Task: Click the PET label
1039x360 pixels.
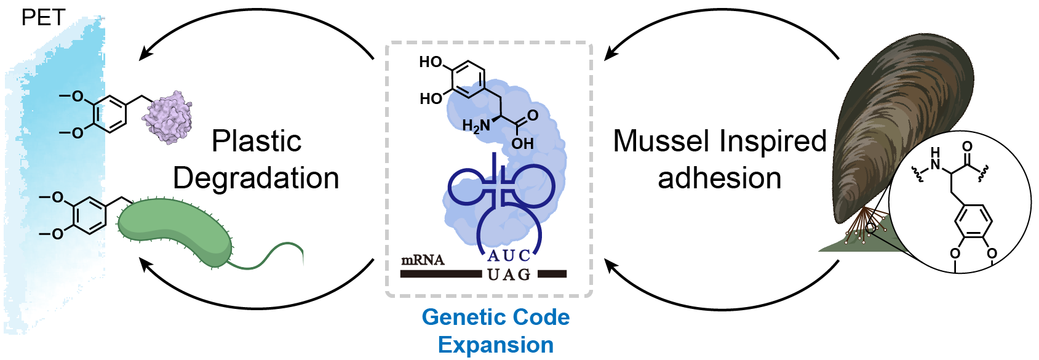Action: point(43,17)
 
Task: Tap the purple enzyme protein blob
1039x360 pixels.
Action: point(167,117)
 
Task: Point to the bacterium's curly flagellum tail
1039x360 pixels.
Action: point(271,255)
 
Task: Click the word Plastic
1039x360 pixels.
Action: point(257,141)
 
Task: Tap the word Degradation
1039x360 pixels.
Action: point(256,178)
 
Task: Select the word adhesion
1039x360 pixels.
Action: point(719,178)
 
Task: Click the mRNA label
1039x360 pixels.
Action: point(423,260)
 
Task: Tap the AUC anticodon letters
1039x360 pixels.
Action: point(509,255)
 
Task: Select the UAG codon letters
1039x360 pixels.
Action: point(509,274)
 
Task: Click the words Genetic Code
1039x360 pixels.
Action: point(495,317)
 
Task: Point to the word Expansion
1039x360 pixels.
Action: point(495,345)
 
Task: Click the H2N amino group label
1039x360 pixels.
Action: point(476,126)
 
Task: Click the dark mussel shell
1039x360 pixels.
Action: point(898,123)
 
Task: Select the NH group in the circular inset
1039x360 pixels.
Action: point(935,159)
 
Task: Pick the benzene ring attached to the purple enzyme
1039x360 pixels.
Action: point(109,114)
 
